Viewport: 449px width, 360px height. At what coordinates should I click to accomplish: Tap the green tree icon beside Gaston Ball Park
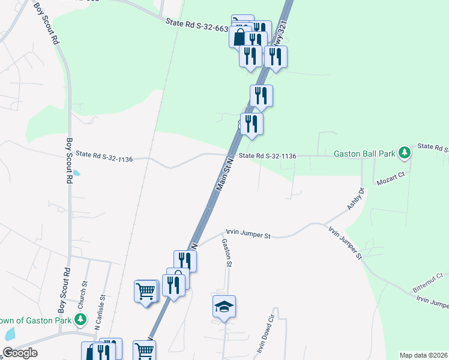point(405,152)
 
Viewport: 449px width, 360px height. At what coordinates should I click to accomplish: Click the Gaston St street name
point(226,253)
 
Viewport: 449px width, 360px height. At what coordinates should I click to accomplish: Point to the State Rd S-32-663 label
point(197,24)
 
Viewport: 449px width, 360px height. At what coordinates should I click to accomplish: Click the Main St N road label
point(224,175)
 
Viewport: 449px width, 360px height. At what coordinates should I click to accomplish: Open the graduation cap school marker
point(224,307)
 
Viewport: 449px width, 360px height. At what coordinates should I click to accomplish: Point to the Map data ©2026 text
point(423,355)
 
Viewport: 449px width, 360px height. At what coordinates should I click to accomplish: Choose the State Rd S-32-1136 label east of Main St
point(267,156)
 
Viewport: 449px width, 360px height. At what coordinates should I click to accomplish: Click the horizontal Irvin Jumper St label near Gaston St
point(248,233)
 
